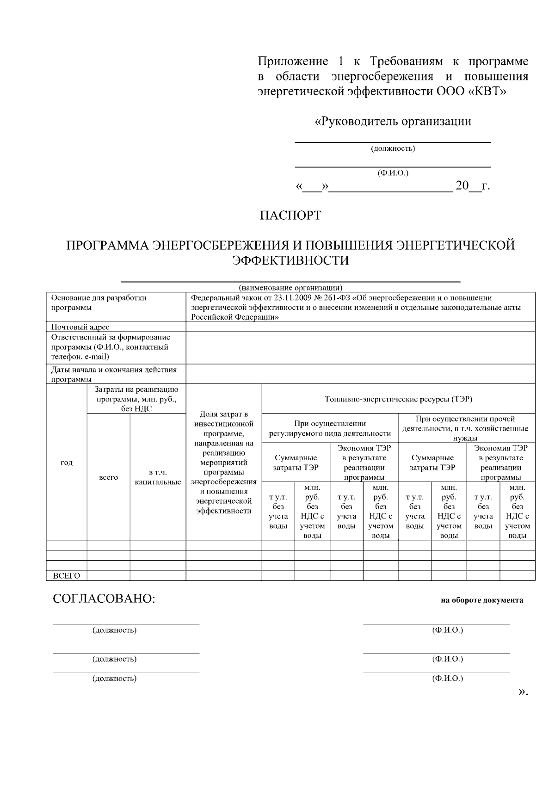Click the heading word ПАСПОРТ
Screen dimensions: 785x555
290,216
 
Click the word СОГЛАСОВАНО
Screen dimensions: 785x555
104,599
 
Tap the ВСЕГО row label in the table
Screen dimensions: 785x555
67,576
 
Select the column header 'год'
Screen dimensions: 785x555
67,463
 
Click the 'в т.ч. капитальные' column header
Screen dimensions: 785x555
158,477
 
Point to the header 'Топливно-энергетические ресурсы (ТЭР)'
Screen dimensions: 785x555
398,399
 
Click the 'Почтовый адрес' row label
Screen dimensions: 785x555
80,327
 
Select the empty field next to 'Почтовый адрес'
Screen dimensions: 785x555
360,327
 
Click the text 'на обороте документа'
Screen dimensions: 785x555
481,600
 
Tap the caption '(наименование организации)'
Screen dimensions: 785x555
290,287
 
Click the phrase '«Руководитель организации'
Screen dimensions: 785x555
393,122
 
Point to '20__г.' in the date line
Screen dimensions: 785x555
472,186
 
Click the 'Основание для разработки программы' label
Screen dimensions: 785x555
99,303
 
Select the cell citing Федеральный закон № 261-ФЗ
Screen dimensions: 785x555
360,307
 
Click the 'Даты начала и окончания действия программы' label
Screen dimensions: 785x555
114,374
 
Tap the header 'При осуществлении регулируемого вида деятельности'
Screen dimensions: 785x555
330,429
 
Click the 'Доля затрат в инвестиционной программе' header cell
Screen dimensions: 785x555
224,463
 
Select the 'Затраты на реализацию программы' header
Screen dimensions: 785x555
136,399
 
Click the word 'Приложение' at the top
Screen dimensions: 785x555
293,62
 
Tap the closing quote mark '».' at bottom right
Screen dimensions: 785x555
523,692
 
